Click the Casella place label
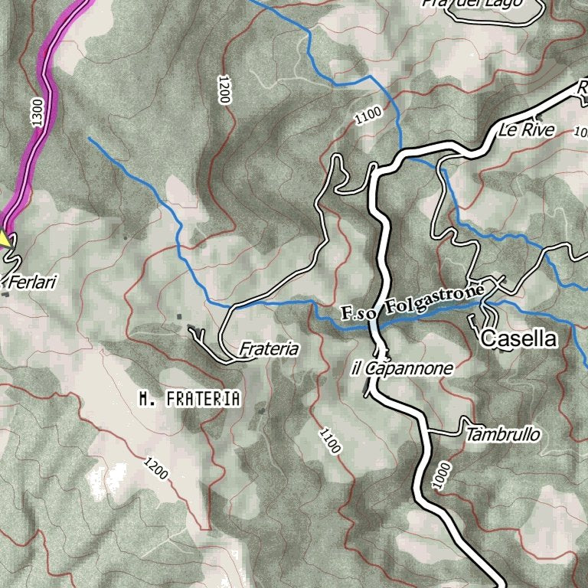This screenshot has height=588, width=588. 518,338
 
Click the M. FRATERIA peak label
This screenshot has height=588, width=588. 190,399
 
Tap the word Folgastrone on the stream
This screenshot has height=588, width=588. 434,300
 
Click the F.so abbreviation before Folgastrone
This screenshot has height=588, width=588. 361,312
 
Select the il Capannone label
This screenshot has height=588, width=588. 402,369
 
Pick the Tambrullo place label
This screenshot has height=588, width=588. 502,435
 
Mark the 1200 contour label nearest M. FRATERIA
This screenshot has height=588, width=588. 155,467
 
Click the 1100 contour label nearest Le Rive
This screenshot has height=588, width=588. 367,116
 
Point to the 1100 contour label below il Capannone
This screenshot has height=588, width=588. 329,441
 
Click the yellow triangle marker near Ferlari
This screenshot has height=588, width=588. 5,239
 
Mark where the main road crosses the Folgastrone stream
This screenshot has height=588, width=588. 376,322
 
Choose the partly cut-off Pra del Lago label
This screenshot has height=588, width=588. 483,3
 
